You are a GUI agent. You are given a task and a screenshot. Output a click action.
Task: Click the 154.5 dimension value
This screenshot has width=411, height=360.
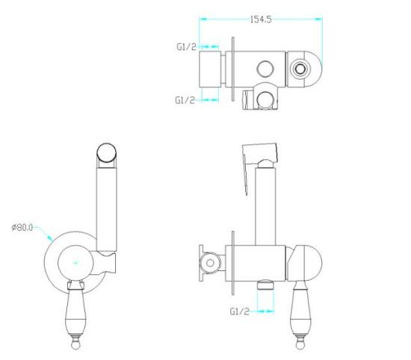[261, 19]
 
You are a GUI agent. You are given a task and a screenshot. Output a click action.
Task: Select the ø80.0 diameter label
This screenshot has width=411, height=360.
[22, 227]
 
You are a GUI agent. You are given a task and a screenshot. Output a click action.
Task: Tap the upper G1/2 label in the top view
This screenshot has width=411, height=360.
[186, 47]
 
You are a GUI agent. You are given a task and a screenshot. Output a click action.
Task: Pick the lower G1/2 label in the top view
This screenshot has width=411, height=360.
[185, 100]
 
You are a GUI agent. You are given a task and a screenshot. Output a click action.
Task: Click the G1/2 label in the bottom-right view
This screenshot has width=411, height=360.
[240, 311]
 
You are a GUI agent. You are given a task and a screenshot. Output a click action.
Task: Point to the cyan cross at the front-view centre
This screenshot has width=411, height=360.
[75, 263]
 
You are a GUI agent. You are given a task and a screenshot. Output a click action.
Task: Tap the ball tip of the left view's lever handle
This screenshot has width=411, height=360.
[75, 344]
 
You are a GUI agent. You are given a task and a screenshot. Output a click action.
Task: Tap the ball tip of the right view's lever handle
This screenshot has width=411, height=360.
[300, 344]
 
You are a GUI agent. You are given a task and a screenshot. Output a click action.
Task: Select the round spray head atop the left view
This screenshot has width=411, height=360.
[107, 153]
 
